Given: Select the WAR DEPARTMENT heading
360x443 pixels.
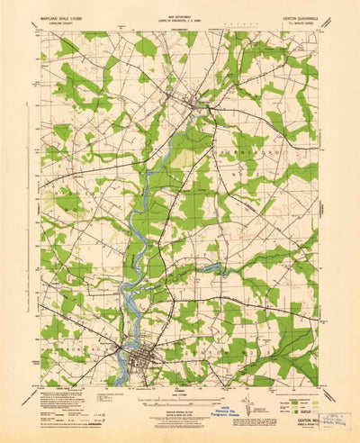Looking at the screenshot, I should coord(181,14).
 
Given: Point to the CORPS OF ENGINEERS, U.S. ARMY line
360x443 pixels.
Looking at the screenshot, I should coord(181,18).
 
